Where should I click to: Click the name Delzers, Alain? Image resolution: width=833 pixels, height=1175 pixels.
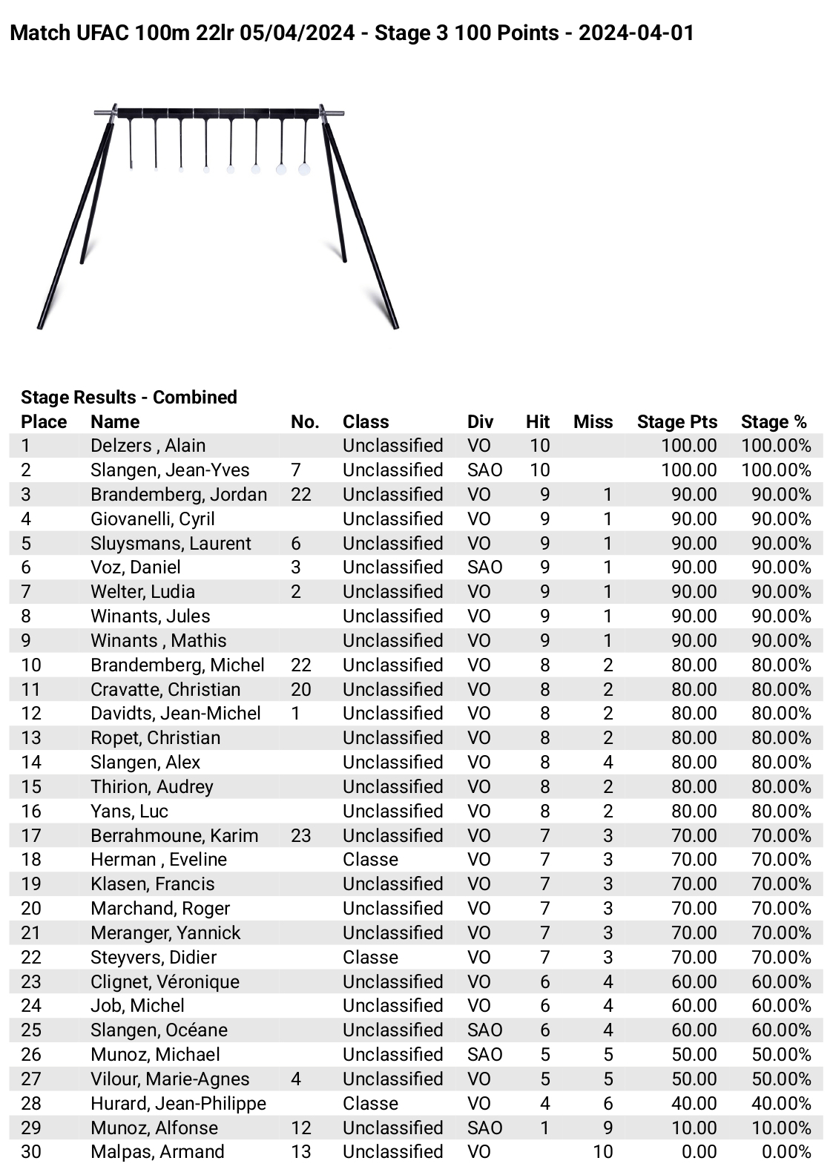tap(148, 445)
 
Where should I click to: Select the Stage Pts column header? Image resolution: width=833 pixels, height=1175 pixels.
tap(676, 421)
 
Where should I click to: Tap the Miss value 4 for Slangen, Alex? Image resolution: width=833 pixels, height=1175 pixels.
tap(608, 762)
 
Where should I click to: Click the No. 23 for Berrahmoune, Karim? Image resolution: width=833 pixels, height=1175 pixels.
tap(300, 835)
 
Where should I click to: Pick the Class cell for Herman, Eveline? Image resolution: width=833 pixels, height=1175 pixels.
tap(370, 859)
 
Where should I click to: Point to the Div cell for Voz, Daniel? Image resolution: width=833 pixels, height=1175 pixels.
tap(484, 567)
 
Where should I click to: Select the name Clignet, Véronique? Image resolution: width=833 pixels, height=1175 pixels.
tap(165, 981)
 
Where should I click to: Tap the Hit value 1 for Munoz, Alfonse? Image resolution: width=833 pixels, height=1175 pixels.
tap(544, 1128)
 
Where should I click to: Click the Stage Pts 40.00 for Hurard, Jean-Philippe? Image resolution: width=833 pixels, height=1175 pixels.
tap(694, 1103)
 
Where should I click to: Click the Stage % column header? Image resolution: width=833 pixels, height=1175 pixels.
tap(773, 421)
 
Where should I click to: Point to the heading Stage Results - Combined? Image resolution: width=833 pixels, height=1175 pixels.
tap(128, 397)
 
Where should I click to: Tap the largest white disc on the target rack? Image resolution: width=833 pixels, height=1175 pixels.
tap(303, 169)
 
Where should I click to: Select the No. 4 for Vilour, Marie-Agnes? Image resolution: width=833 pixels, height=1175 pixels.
tap(296, 1079)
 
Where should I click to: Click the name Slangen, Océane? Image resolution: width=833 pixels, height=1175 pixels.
tap(159, 1030)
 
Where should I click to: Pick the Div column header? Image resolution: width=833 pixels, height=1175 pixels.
tap(480, 421)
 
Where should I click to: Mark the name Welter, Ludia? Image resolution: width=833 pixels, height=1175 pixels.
tap(142, 591)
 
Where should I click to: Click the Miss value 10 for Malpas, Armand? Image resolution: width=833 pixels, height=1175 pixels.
tap(602, 1151)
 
